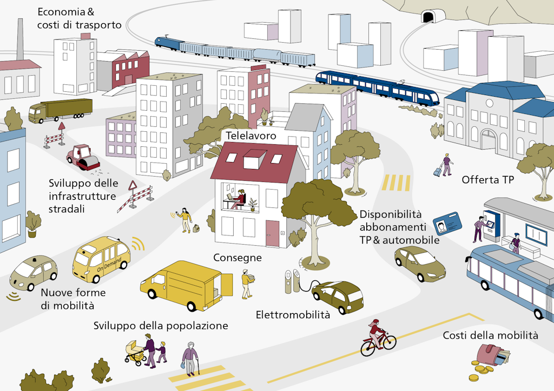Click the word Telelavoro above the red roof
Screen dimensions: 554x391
[251, 136]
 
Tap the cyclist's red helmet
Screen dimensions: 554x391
[375, 322]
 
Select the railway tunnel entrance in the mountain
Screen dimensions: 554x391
[428, 17]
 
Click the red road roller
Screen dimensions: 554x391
[83, 157]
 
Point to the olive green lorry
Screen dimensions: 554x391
[61, 110]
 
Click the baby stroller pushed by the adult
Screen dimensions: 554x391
[135, 353]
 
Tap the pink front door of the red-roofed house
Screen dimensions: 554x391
[272, 233]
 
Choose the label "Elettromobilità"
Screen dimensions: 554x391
[293, 314]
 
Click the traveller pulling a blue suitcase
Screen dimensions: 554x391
[444, 165]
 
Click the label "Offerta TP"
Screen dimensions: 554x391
[487, 180]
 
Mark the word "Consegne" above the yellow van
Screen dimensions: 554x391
[238, 258]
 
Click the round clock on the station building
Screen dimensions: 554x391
[489, 103]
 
